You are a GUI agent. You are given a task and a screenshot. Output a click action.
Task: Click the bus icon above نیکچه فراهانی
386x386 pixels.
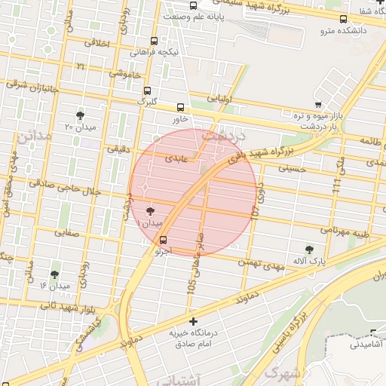pos(155,41)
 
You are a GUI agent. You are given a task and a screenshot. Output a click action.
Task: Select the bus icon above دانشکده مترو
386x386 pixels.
pos(344,19)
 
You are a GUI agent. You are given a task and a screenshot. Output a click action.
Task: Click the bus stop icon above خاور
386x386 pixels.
pos(179,107)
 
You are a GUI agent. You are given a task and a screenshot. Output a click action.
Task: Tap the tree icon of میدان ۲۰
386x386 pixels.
pos(80,115)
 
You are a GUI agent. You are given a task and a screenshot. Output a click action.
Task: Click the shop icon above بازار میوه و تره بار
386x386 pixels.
pos(318,105)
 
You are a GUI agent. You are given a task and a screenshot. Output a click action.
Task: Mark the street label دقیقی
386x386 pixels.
pos(118,149)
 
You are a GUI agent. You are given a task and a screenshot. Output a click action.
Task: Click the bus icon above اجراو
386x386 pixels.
pos(164,240)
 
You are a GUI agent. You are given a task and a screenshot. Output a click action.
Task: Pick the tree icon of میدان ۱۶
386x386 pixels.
pos(54,274)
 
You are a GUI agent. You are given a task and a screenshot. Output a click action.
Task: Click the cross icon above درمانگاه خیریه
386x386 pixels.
pos(194,321)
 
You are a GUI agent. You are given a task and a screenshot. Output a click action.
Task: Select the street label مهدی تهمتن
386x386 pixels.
pos(260,263)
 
